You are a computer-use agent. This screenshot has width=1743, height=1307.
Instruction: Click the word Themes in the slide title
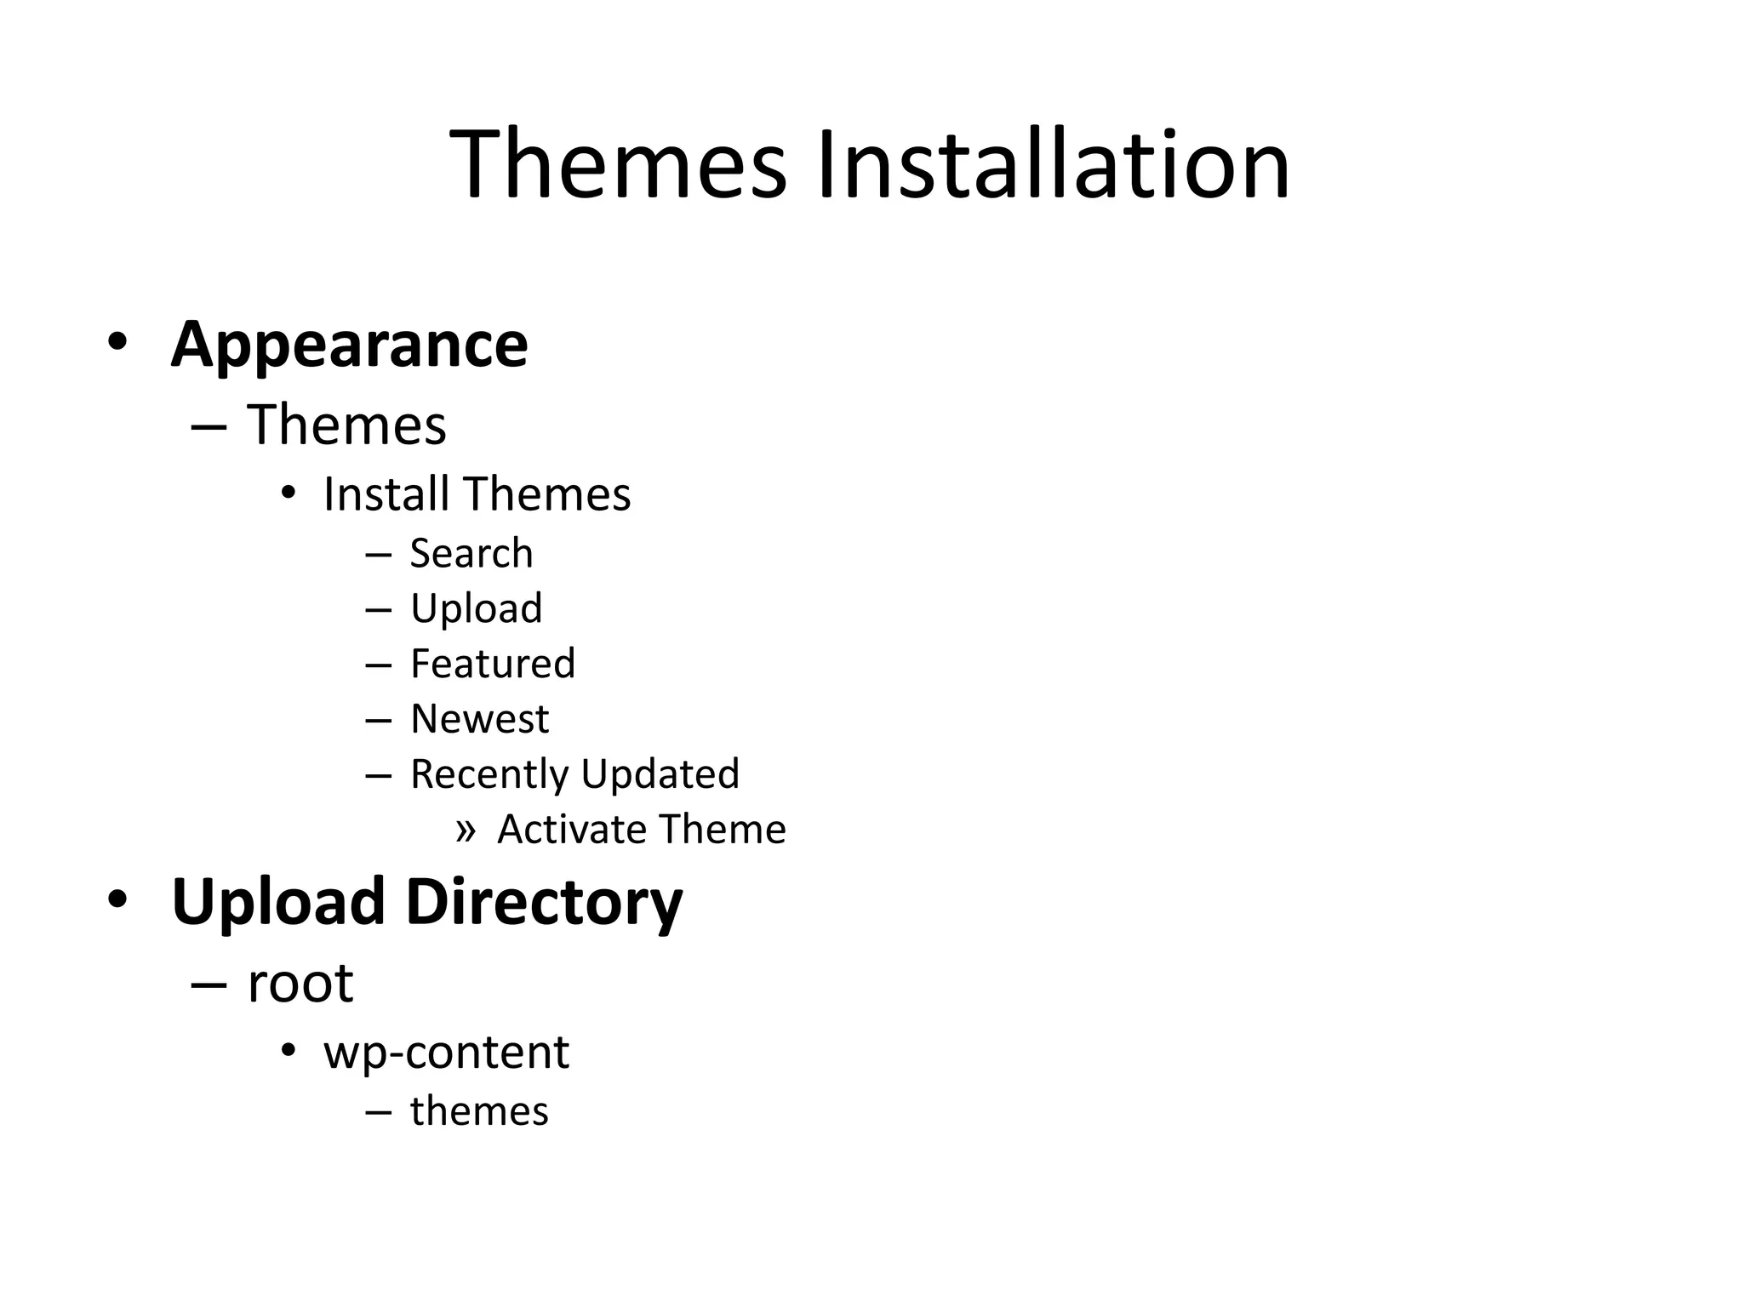[618, 164]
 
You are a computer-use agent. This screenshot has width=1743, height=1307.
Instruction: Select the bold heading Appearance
[349, 345]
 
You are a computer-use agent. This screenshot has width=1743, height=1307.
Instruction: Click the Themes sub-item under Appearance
[346, 425]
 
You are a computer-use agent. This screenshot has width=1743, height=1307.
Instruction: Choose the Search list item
[471, 554]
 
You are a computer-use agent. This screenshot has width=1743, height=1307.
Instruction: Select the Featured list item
[493, 664]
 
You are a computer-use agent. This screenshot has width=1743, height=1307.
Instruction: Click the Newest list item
[479, 719]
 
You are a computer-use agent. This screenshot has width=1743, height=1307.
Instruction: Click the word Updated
[660, 774]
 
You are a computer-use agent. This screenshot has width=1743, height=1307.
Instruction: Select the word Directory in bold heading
[544, 902]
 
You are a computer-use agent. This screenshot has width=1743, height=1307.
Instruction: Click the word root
[300, 985]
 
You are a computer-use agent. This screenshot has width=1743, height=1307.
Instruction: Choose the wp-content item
[446, 1053]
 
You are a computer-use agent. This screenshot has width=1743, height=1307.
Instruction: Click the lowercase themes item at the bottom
[479, 1111]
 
